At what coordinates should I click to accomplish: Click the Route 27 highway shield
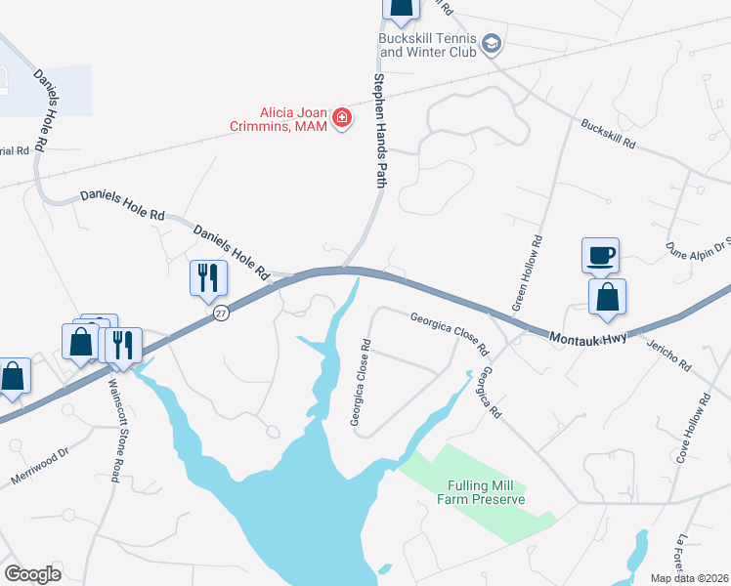[x=222, y=314]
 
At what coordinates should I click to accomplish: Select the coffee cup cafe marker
[x=599, y=256]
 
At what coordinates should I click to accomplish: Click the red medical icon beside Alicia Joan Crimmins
[x=341, y=119]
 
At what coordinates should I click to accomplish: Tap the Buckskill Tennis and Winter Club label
[x=427, y=45]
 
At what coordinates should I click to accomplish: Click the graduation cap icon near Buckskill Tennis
[x=491, y=44]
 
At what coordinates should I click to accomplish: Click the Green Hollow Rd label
[x=526, y=273]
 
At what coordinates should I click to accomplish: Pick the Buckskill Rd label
[x=608, y=134]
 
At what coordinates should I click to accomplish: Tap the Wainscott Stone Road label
[x=114, y=427]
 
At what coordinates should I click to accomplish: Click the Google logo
[x=32, y=574]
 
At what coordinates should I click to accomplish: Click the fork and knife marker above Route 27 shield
[x=208, y=277]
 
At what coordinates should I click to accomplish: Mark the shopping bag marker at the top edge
[x=400, y=8]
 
